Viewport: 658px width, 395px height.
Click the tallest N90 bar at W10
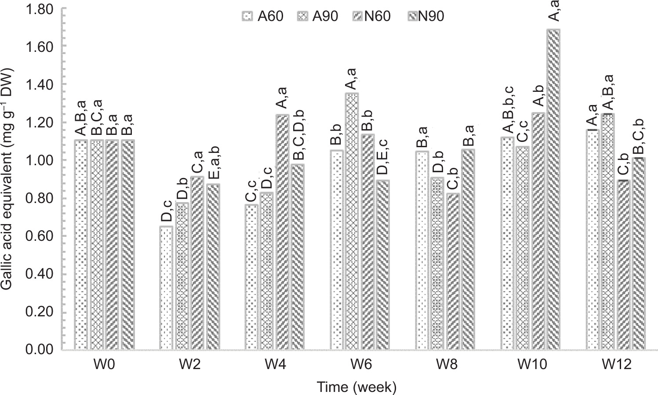pos(553,189)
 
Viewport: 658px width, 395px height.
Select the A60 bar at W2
pos(166,288)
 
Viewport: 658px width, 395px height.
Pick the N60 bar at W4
pos(282,232)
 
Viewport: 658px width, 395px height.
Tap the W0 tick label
pos(105,365)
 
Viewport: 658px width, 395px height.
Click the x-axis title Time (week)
pos(356,387)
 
